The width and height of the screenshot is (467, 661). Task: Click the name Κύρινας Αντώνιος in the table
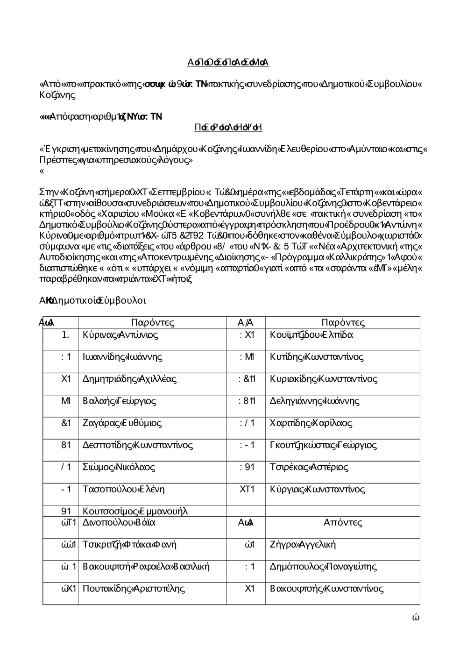(120, 335)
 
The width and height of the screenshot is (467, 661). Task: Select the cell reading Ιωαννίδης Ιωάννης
(122, 357)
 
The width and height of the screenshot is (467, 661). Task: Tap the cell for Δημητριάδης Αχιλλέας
(129, 379)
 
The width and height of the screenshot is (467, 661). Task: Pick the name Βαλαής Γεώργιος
(120, 401)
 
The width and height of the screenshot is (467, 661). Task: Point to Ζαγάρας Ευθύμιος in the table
(122, 423)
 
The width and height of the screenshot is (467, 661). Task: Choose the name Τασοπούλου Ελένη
(123, 490)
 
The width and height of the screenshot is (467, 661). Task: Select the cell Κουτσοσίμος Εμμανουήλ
(135, 511)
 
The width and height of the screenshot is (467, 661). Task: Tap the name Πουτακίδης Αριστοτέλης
(134, 589)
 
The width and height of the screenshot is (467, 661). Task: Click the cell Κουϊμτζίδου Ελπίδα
(311, 335)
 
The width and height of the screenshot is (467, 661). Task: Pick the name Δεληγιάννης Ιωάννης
(315, 401)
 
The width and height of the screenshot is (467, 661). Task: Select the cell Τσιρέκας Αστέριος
(309, 467)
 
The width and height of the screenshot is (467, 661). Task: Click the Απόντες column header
(343, 523)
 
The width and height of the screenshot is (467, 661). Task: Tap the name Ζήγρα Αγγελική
(303, 545)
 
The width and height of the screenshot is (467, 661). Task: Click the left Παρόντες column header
(153, 323)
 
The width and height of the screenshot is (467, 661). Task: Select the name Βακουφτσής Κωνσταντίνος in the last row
(327, 589)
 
